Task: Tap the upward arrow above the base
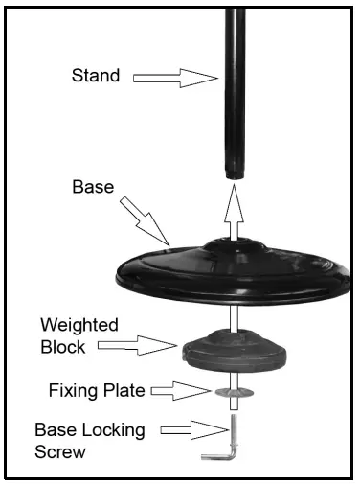coord(232,210)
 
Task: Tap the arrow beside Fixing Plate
coord(181,389)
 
